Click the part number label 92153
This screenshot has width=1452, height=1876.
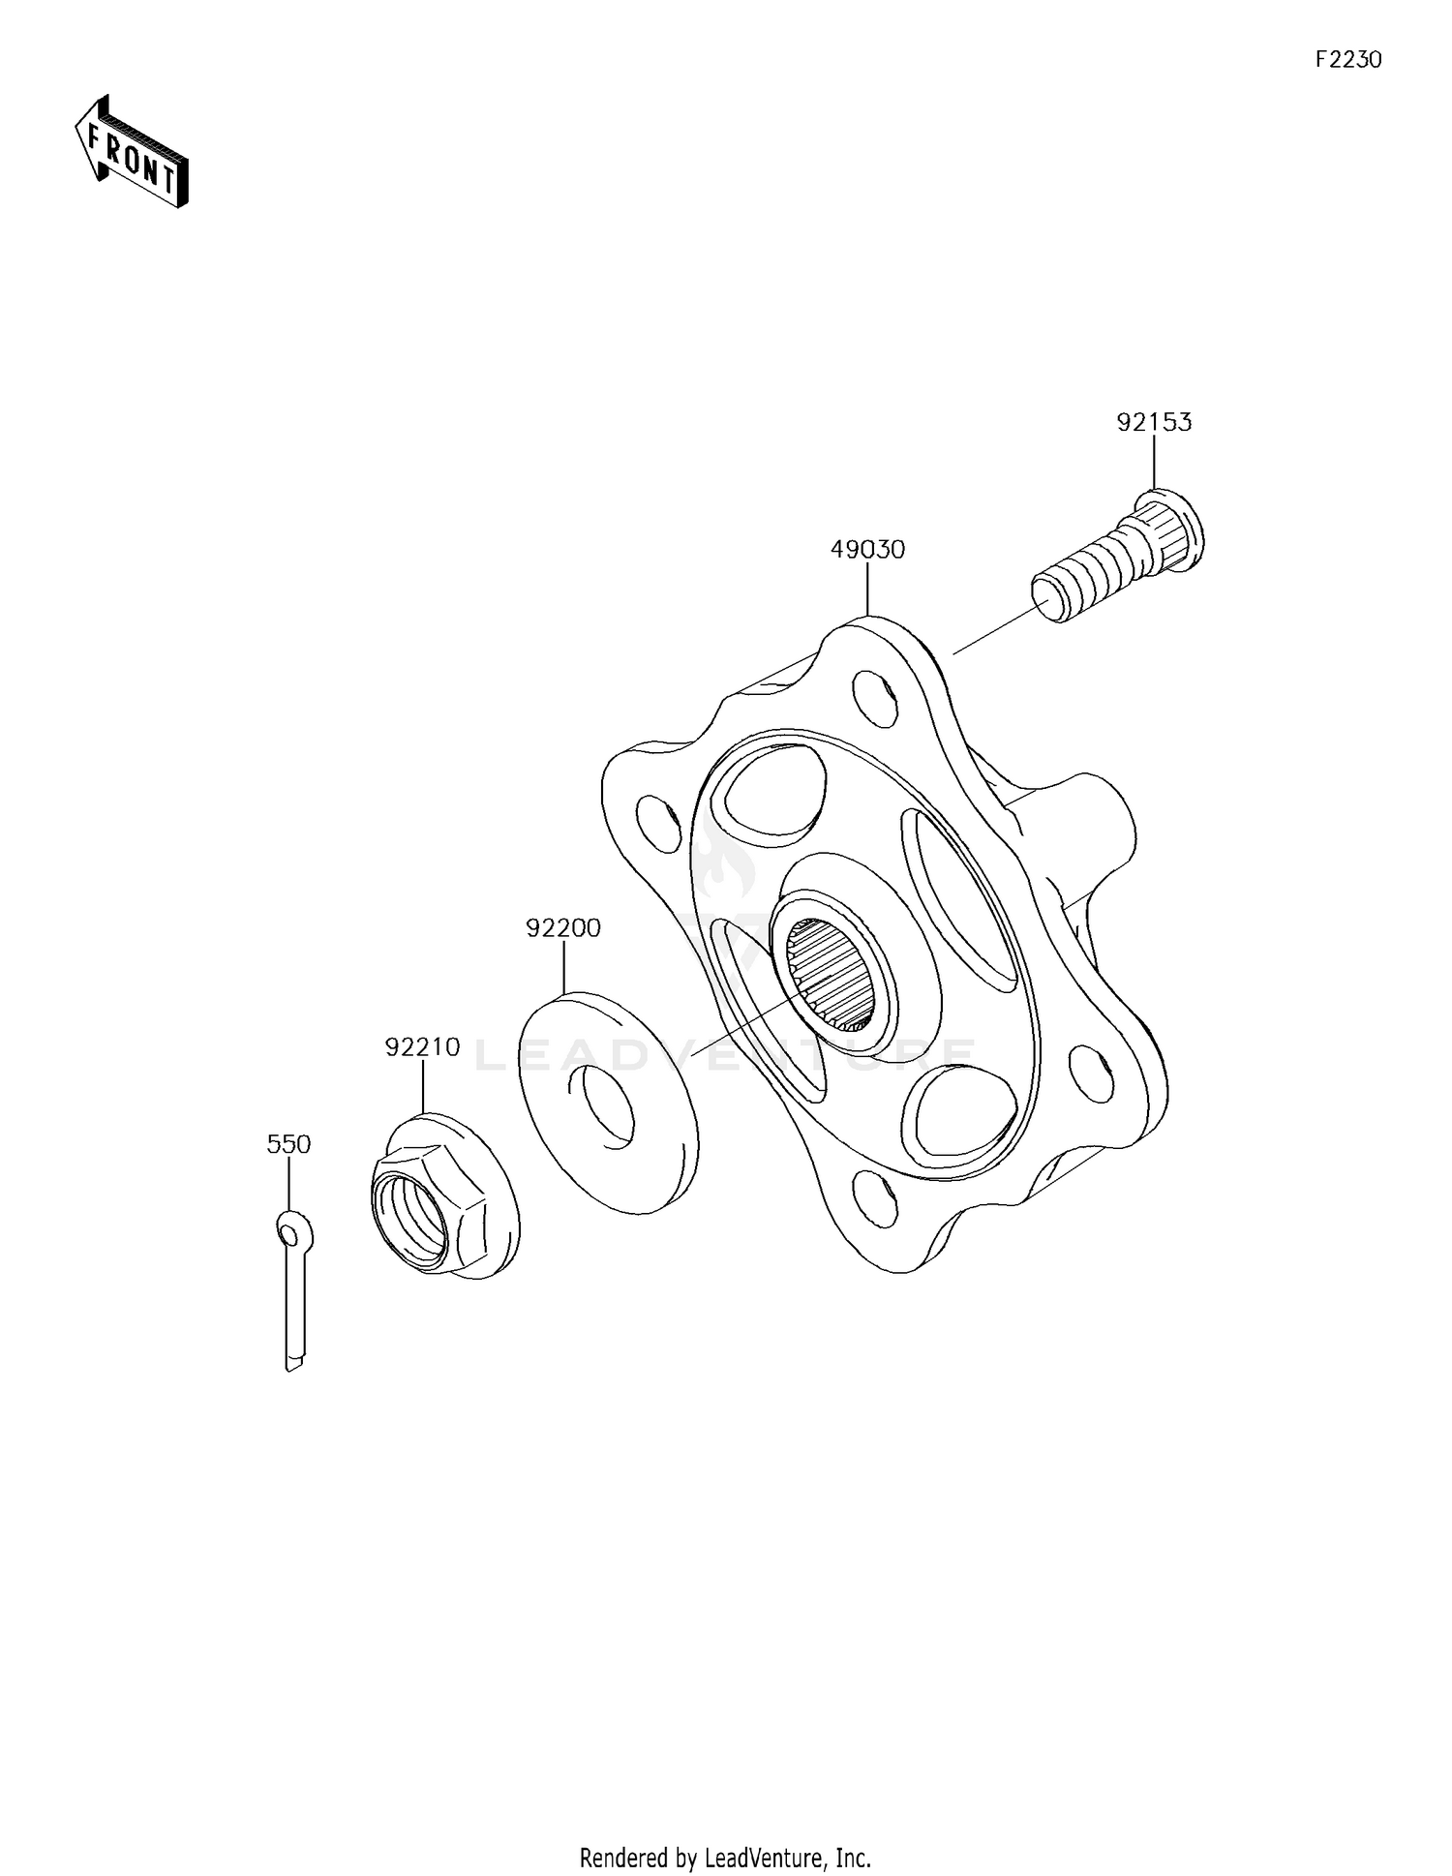[x=1154, y=423]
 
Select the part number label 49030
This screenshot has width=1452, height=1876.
[x=867, y=550]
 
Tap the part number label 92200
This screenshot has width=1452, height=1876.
[x=563, y=928]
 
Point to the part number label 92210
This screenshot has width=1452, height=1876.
[x=422, y=1047]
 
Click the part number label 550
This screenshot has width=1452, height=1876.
[x=288, y=1144]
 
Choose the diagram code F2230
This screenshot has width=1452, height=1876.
[x=1347, y=60]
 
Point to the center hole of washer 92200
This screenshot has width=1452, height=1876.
[x=607, y=1107]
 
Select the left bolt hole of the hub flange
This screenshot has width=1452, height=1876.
[x=658, y=825]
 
